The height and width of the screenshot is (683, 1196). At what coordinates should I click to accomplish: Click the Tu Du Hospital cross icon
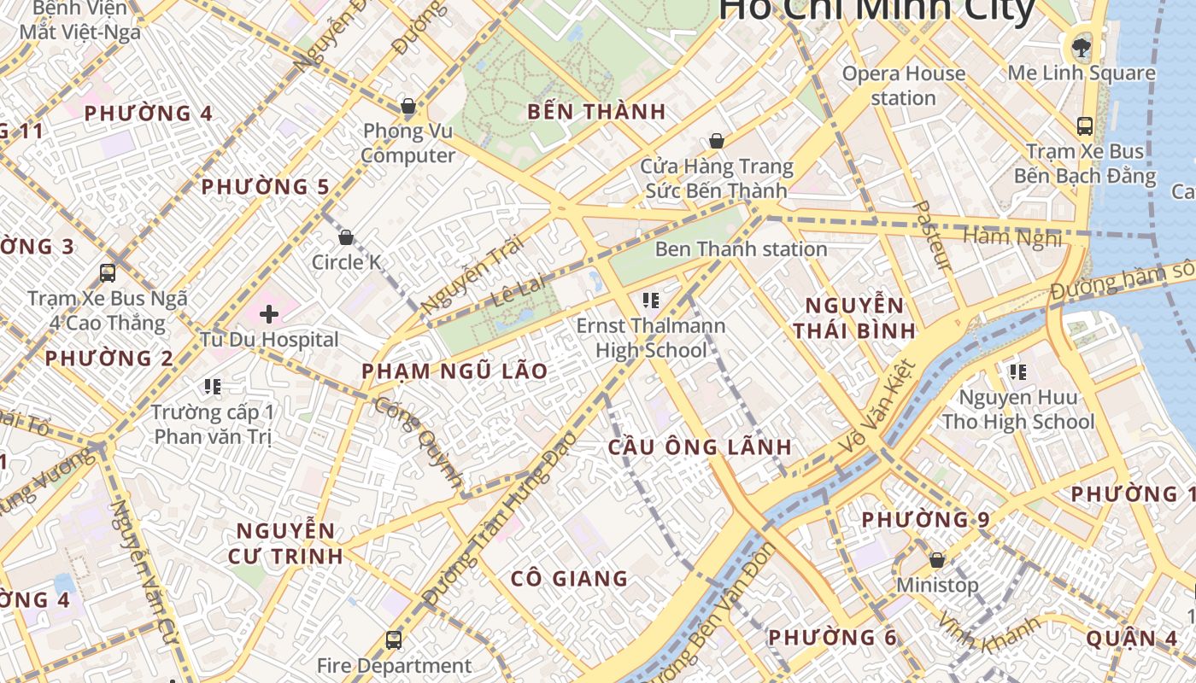click(x=269, y=314)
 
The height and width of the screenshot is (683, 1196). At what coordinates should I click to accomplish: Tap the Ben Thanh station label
click(x=741, y=249)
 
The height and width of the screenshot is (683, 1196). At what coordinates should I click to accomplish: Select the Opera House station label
click(x=903, y=85)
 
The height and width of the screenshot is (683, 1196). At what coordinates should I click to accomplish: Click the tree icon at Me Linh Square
click(x=1082, y=46)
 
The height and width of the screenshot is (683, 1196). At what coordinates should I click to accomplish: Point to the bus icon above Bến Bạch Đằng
click(x=1085, y=126)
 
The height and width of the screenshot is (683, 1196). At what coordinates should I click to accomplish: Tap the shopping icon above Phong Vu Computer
click(x=408, y=107)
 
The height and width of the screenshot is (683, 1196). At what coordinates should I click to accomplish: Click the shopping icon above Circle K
click(x=346, y=237)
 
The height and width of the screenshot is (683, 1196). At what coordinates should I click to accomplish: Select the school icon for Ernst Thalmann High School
click(x=651, y=300)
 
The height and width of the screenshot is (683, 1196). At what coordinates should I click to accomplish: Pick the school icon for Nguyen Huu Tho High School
click(x=1017, y=371)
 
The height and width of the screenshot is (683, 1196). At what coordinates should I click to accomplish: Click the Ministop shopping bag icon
click(x=937, y=560)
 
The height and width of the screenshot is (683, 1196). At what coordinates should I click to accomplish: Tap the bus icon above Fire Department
click(x=394, y=639)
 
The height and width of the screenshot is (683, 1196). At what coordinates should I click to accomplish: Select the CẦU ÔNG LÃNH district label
click(x=700, y=447)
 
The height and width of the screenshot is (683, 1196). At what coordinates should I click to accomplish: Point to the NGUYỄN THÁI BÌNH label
click(x=853, y=318)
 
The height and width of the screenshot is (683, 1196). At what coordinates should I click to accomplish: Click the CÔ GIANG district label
click(x=569, y=578)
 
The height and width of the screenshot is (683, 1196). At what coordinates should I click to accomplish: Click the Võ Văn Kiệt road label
click(x=877, y=407)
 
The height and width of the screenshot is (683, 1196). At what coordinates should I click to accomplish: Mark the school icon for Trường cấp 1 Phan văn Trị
click(x=213, y=387)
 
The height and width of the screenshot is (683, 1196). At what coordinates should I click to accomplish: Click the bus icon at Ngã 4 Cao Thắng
click(x=108, y=273)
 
